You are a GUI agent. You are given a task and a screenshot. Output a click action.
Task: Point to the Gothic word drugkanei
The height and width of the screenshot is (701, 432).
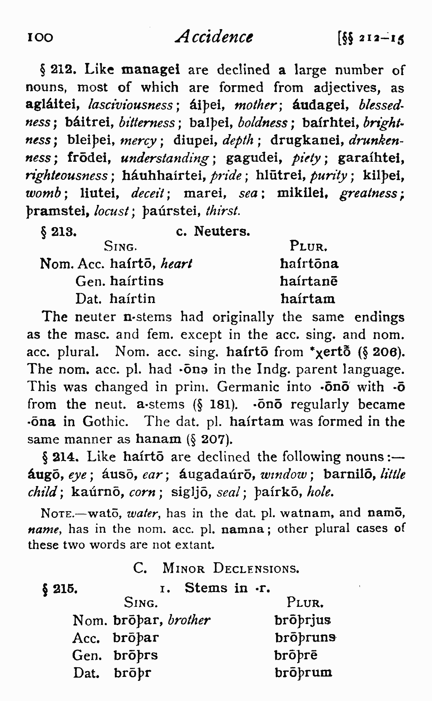click(x=308, y=140)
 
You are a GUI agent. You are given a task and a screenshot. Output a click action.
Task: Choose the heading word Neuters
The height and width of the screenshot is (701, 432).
click(x=222, y=232)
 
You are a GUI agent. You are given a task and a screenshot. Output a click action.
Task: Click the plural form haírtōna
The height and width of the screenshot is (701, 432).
click(x=309, y=264)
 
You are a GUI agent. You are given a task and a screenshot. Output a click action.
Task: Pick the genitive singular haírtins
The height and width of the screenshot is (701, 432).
click(x=137, y=281)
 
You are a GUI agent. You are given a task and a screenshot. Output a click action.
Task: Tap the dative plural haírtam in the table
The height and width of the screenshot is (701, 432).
click(x=308, y=298)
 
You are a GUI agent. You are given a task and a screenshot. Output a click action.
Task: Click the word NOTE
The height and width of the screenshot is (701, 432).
click(x=57, y=513)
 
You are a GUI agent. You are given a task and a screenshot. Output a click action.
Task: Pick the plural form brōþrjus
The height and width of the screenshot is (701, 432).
click(x=302, y=620)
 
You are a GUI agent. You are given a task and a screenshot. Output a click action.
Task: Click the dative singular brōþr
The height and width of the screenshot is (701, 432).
click(x=132, y=672)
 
